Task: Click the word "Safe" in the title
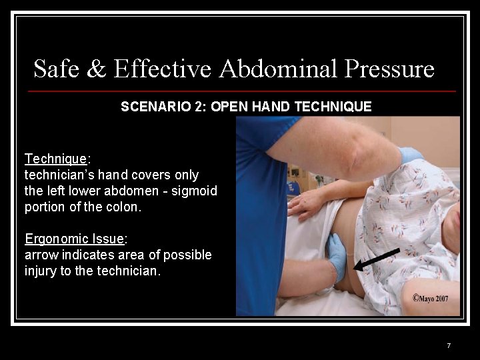pyautogui.click(x=55, y=69)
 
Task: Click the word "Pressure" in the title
pyautogui.click(x=389, y=69)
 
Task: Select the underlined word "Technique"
pyautogui.click(x=55, y=159)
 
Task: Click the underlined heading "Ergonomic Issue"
pyautogui.click(x=75, y=239)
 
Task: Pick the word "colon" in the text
pyautogui.click(x=124, y=207)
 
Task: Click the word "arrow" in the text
pyautogui.click(x=39, y=255)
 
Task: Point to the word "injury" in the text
pyautogui.click(x=41, y=271)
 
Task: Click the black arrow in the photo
pyautogui.click(x=376, y=259)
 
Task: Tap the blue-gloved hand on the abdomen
pyautogui.click(x=336, y=257)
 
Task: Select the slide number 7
pyautogui.click(x=449, y=345)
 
